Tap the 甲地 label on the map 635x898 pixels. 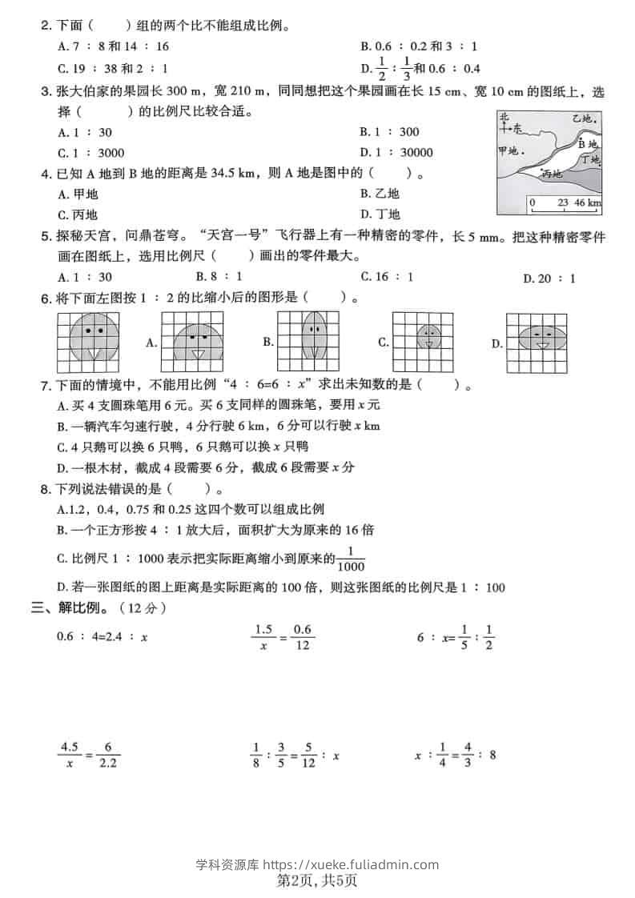coord(510,150)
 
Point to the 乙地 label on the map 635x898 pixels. coord(581,119)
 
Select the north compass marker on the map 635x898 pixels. coord(506,125)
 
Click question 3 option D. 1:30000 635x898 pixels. coord(397,153)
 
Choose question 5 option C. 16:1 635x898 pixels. coord(387,277)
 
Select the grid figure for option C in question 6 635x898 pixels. coord(428,342)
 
